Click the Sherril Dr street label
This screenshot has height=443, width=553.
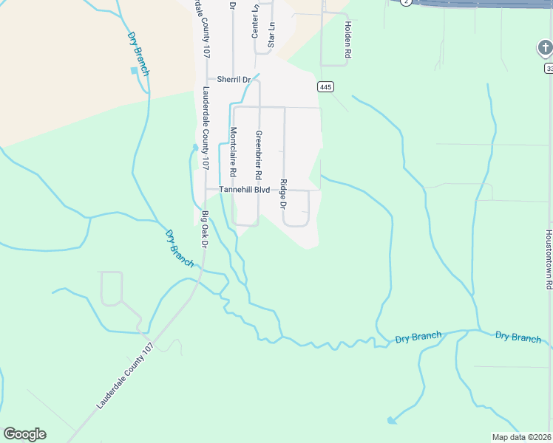pos(234,79)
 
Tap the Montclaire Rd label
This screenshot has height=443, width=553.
pos(233,151)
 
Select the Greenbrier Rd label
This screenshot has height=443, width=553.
pos(259,155)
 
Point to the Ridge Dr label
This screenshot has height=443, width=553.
pos(283,193)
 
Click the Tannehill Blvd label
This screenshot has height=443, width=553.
pos(238,190)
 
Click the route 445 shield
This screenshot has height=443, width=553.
pos(326,87)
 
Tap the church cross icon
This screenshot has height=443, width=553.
pos(544,49)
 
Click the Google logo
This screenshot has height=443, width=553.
pos(24,434)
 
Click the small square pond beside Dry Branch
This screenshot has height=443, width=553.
pos(134,70)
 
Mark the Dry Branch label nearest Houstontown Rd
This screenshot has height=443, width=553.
pos(518,337)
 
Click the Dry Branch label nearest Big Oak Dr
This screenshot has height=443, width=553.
pos(180,248)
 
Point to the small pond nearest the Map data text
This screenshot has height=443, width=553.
pos(390,420)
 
